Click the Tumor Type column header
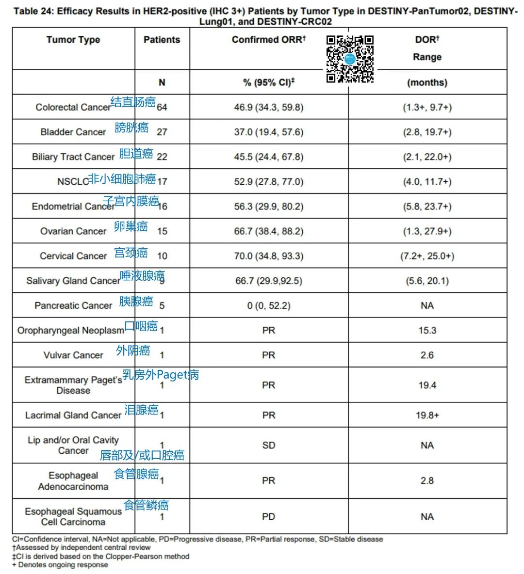point(73,40)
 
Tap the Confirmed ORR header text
point(268,40)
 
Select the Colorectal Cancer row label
point(73,107)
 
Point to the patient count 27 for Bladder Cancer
point(162,132)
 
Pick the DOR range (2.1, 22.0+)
point(427,157)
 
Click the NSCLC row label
point(73,182)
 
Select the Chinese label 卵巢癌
point(131,226)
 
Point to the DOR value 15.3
point(427,330)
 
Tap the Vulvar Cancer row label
point(73,355)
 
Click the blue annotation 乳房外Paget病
point(161,375)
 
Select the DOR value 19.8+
point(427,415)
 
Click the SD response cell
point(268,445)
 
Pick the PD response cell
point(268,516)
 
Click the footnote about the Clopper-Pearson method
point(101,557)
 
